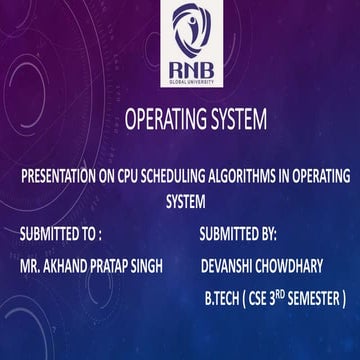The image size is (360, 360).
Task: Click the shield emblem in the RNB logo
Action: click(x=180, y=30)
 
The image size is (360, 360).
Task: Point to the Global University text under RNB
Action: click(x=180, y=80)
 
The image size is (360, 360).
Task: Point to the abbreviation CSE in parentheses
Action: click(x=269, y=298)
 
